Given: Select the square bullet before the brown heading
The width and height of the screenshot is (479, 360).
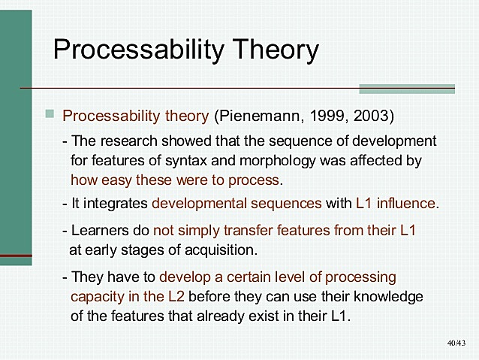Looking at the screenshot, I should pyautogui.click(x=50, y=114).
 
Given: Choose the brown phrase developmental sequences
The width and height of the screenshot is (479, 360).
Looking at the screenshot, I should pyautogui.click(x=236, y=203).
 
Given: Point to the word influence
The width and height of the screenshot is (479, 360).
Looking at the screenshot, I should pyautogui.click(x=407, y=203).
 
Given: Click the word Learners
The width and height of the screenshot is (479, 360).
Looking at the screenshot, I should pyautogui.click(x=98, y=230).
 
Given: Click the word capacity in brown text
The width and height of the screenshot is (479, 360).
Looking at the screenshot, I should pyautogui.click(x=98, y=295).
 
